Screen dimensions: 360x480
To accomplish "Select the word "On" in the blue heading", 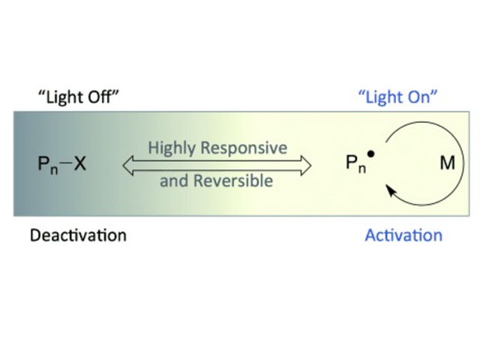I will (423, 97).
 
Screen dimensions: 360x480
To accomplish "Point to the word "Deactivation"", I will (78, 235).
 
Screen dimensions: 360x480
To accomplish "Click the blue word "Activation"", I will (403, 235).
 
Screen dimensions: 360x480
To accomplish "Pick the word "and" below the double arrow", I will (172, 181).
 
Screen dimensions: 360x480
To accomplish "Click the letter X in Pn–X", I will (80, 163).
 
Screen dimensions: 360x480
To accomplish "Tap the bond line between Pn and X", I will (64, 163).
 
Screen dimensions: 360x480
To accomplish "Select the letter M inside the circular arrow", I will (447, 163).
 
